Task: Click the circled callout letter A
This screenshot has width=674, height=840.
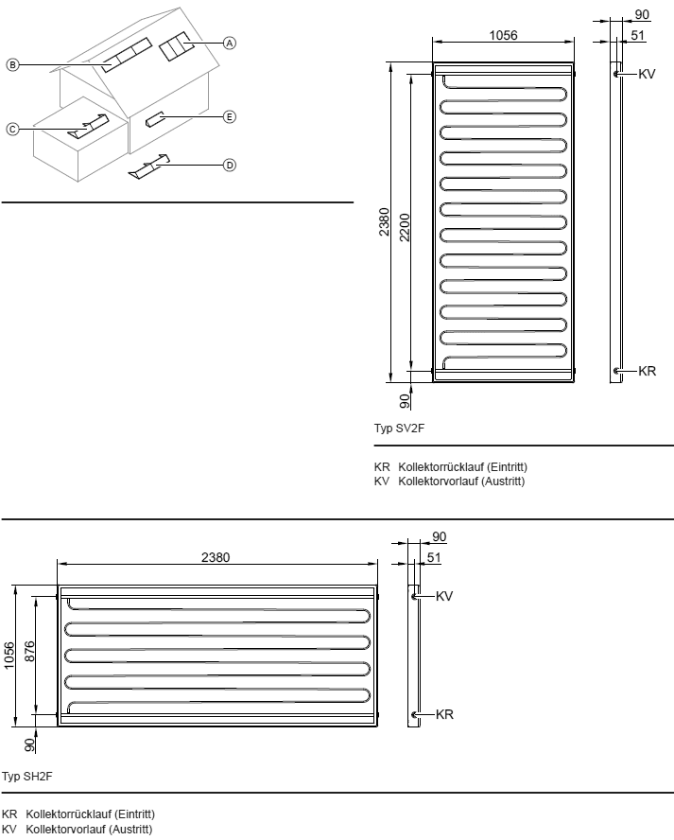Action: [x=229, y=43]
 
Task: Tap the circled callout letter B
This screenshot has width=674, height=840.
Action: [x=12, y=65]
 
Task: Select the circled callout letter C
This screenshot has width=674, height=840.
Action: [x=12, y=129]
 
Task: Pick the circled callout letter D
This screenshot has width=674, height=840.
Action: [x=229, y=165]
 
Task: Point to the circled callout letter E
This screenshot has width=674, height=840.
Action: [x=229, y=116]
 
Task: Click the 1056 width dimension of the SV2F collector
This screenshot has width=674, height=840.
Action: [x=503, y=35]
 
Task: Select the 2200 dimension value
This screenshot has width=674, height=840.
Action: [x=405, y=228]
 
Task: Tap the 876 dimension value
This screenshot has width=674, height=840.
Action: [x=29, y=651]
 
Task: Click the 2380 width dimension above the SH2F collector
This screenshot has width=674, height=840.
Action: [x=216, y=557]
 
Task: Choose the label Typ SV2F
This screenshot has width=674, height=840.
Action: [x=399, y=428]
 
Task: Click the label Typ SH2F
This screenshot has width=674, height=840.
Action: [x=26, y=777]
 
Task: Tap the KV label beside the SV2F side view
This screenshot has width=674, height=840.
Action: [x=647, y=74]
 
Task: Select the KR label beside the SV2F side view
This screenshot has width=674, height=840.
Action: [x=648, y=371]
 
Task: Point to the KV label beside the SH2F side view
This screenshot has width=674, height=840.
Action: [x=444, y=596]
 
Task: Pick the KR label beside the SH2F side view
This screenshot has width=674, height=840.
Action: [x=445, y=714]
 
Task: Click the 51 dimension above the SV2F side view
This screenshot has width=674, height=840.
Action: [x=637, y=35]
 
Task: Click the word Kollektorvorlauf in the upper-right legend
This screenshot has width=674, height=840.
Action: [x=439, y=481]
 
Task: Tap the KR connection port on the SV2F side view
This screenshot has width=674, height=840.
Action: [x=616, y=370]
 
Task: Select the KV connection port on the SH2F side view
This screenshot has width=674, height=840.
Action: [x=414, y=596]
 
